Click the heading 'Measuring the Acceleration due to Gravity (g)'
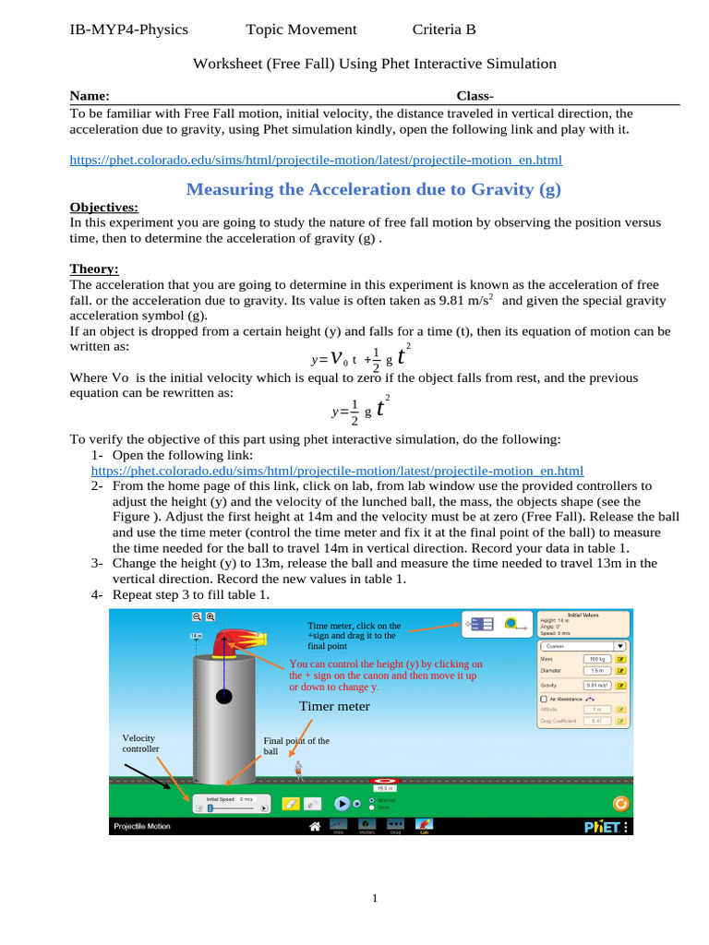[x=373, y=189]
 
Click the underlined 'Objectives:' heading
[x=104, y=208]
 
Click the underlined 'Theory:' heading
[x=94, y=269]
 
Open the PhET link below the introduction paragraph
[x=316, y=160]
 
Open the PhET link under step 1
[x=337, y=470]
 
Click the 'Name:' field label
[x=90, y=96]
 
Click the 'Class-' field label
[x=475, y=96]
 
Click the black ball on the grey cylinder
[x=223, y=696]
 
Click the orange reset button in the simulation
[x=620, y=803]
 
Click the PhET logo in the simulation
[x=601, y=827]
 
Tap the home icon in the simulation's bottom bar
[x=315, y=826]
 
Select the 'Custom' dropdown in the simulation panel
[x=583, y=647]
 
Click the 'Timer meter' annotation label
[x=333, y=706]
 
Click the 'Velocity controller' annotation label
[x=140, y=743]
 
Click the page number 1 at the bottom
[x=375, y=898]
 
